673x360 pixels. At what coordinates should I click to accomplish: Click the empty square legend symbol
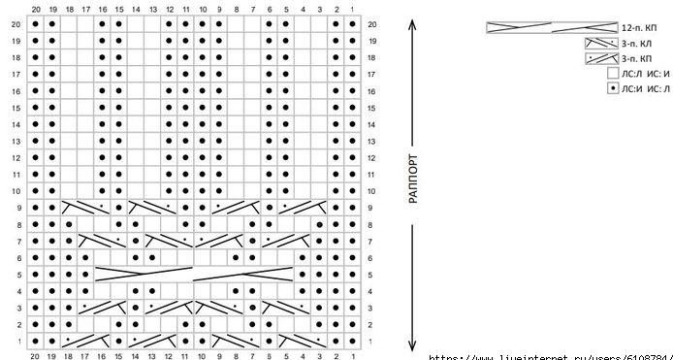pyautogui.click(x=613, y=73)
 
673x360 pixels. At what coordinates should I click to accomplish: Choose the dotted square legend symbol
pyautogui.click(x=613, y=88)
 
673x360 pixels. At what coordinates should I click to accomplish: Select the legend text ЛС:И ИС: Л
pyautogui.click(x=643, y=88)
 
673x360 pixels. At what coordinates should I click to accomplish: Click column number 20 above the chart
pyautogui.click(x=35, y=9)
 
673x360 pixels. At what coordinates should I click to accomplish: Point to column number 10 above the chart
pyautogui.click(x=203, y=9)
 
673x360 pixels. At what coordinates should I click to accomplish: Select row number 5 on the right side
pyautogui.click(x=371, y=275)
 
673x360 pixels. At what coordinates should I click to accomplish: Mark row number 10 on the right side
pyautogui.click(x=371, y=191)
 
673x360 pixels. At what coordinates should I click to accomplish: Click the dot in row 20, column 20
pyautogui.click(x=35, y=24)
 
